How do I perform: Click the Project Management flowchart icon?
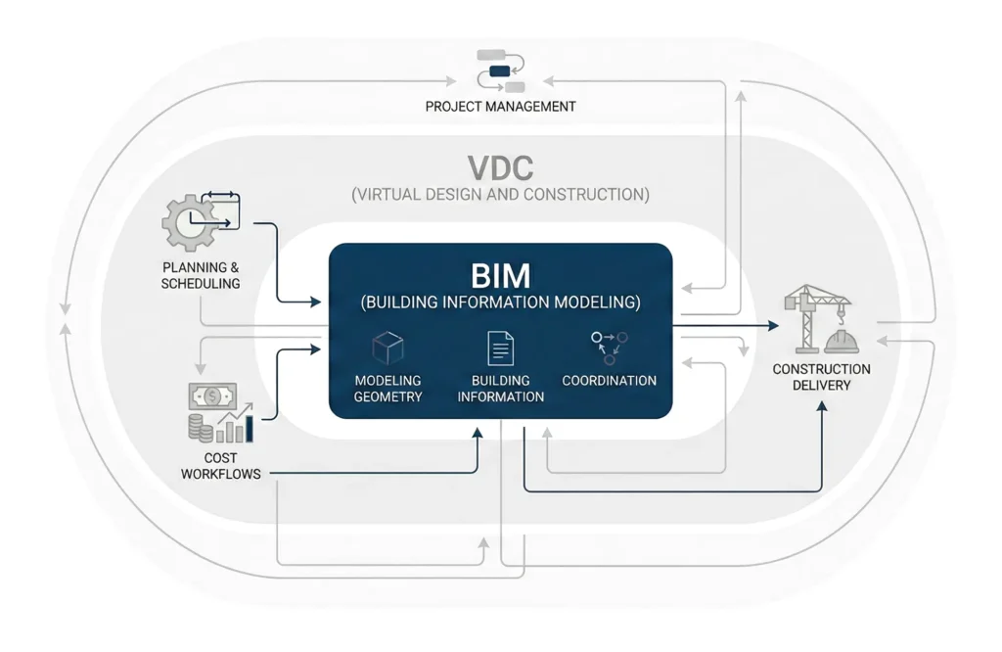500,70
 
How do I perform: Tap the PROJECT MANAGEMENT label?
500,106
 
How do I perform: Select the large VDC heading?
500,165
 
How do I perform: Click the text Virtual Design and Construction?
500,194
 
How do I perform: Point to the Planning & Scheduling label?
201,275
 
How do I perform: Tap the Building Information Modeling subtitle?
500,303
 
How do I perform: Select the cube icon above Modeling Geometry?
387,349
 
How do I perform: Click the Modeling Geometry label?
387,389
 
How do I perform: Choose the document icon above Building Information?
500,349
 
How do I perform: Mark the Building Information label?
500,389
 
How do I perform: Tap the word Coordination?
609,380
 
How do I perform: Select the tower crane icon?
805,315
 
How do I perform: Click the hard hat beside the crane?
842,341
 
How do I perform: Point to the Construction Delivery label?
821,377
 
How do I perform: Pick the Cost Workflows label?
207,466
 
